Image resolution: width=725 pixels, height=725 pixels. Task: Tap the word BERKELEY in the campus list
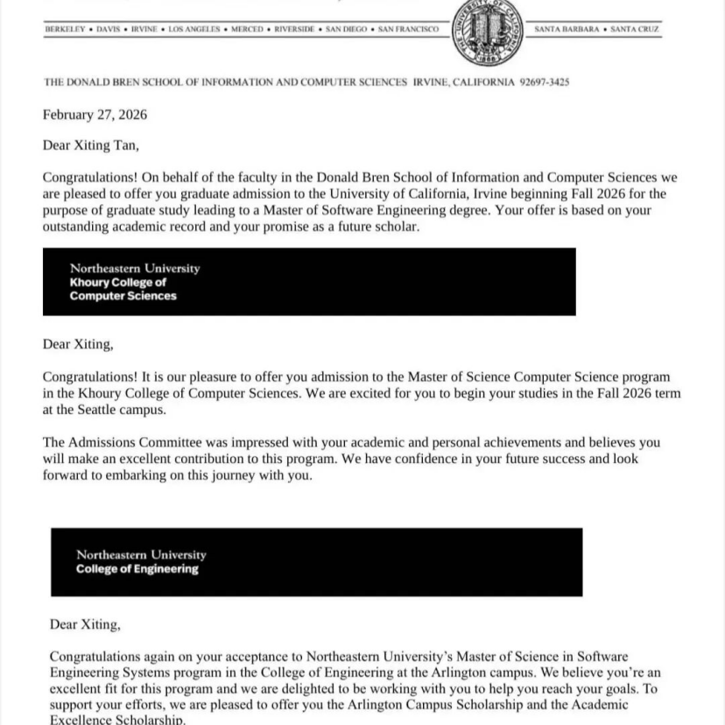(x=65, y=30)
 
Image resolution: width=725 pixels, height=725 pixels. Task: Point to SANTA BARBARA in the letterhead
(x=567, y=30)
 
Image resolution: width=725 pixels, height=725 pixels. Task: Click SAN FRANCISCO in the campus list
(x=408, y=30)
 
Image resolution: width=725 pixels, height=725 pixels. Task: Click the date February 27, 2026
(x=95, y=115)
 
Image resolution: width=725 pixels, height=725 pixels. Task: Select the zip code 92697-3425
(x=544, y=82)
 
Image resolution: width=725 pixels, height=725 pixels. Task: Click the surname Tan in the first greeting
(x=124, y=145)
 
